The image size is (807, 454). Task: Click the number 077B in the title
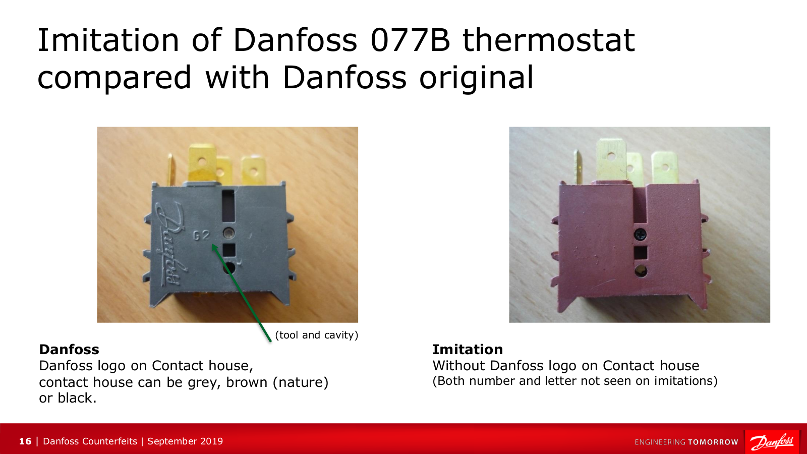(411, 40)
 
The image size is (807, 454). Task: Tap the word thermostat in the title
(548, 40)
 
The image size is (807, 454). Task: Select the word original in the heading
(476, 78)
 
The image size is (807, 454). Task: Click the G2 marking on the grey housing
(201, 235)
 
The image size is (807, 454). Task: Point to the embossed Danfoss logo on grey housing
(170, 245)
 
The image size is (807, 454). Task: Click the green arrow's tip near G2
(212, 245)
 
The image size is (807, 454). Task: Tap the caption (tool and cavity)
(317, 335)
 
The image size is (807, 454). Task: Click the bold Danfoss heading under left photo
(69, 350)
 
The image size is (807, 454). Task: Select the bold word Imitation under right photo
(468, 350)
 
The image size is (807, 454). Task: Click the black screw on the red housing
(640, 235)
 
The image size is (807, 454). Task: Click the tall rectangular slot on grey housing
(228, 206)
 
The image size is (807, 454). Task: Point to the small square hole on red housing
(641, 253)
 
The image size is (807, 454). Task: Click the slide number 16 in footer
(25, 441)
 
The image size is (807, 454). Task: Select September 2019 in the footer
(185, 441)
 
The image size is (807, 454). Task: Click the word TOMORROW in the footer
(713, 442)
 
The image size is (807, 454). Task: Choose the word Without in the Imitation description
(459, 366)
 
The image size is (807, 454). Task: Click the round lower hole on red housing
(641, 271)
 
